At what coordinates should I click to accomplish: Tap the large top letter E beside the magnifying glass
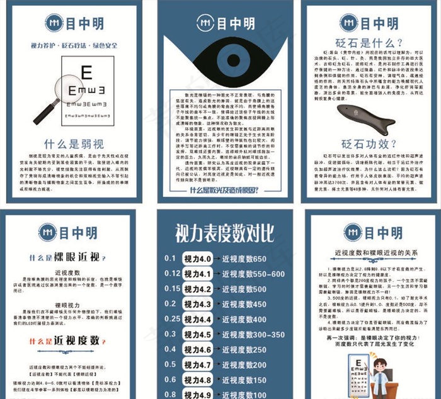coord(86,72)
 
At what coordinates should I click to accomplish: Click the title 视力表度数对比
coord(220,235)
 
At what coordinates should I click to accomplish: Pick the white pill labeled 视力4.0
coord(197,259)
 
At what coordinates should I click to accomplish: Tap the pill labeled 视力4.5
coord(197,334)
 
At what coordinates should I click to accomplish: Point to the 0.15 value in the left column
coord(173,289)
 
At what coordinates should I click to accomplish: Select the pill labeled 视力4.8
coord(197,379)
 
